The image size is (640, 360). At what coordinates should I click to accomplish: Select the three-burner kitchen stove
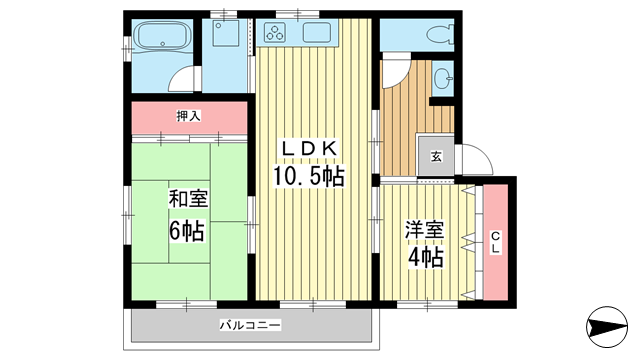pyautogui.click(x=275, y=33)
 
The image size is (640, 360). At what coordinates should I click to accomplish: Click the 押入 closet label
pyautogui.click(x=188, y=116)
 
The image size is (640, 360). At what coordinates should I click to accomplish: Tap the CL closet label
pyautogui.click(x=494, y=241)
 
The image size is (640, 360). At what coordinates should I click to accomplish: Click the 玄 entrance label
pyautogui.click(x=436, y=155)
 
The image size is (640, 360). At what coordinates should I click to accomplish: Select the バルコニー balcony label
pyautogui.click(x=250, y=325)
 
